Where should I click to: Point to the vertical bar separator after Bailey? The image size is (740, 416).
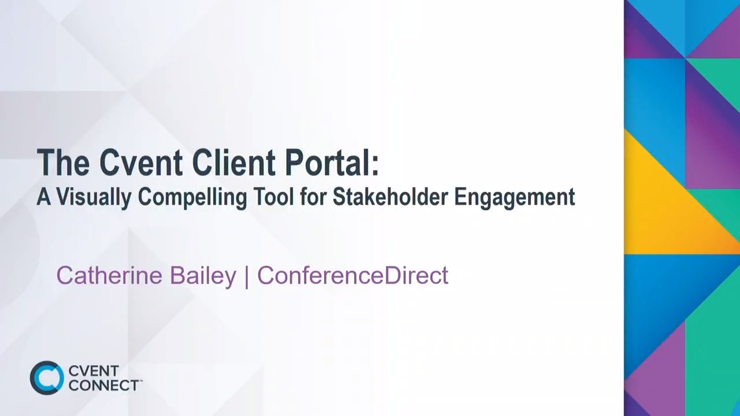[247, 276]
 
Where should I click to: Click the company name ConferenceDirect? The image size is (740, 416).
[353, 276]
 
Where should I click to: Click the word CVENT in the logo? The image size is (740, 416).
[93, 371]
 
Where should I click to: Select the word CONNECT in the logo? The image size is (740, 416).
[103, 385]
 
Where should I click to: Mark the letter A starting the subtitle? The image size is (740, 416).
[44, 197]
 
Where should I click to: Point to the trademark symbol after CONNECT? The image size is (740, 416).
[140, 381]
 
